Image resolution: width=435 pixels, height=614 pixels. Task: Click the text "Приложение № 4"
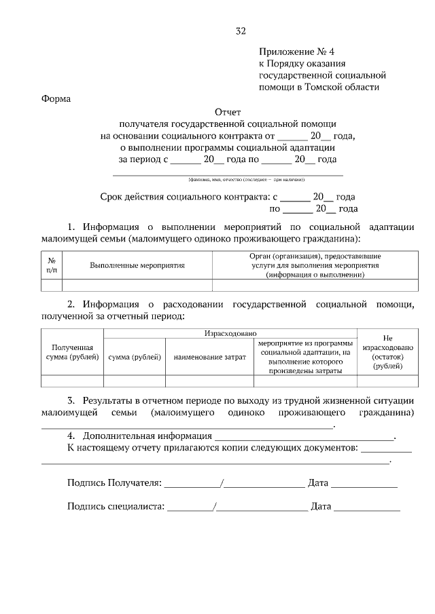[x=297, y=52]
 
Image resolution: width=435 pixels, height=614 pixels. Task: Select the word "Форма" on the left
[x=56, y=99]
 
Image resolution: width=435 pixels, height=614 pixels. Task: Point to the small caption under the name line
[x=247, y=179]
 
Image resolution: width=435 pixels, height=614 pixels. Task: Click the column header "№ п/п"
[x=51, y=265]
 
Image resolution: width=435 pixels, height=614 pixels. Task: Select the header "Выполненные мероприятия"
[x=137, y=265]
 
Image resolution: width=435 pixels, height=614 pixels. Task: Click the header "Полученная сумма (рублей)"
[x=72, y=351]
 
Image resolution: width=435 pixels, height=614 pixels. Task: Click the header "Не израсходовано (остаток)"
[x=388, y=351]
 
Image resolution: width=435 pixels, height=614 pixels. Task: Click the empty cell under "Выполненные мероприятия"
[x=137, y=285]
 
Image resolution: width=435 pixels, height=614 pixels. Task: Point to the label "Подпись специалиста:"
[x=116, y=506]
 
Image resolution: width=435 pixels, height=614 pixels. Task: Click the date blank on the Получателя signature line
[x=364, y=484]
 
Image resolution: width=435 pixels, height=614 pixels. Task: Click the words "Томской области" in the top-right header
[x=345, y=87]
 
